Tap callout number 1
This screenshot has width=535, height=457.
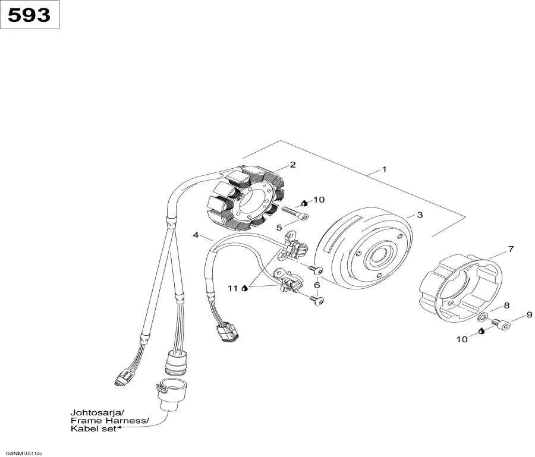pyautogui.click(x=384, y=169)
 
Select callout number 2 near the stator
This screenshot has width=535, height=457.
pyautogui.click(x=292, y=165)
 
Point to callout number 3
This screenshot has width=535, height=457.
pyautogui.click(x=420, y=215)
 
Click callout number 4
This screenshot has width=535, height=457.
pyautogui.click(x=196, y=235)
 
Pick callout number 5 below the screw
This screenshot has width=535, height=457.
pyautogui.click(x=278, y=227)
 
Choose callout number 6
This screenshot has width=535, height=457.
pyautogui.click(x=317, y=285)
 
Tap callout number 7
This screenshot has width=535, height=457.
pyautogui.click(x=510, y=249)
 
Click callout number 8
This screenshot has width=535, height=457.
pyautogui.click(x=506, y=305)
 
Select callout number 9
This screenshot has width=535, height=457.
pyautogui.click(x=529, y=314)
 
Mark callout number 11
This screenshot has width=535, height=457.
pyautogui.click(x=233, y=288)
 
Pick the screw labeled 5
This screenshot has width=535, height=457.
pyautogui.click(x=291, y=213)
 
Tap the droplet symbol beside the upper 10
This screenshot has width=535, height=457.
pyautogui.click(x=304, y=202)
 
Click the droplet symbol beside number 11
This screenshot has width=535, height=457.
pyautogui.click(x=244, y=288)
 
